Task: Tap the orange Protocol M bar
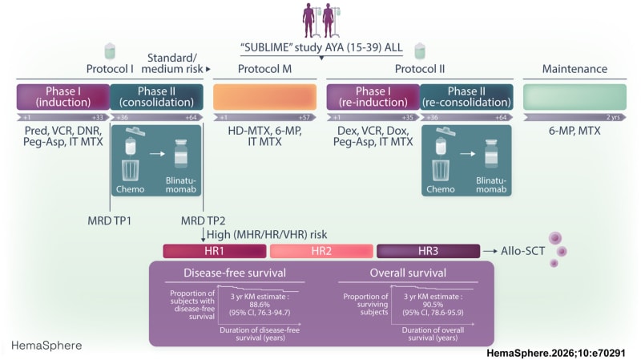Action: coord(264,96)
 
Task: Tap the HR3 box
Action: coord(427,251)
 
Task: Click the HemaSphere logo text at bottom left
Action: coord(46,346)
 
